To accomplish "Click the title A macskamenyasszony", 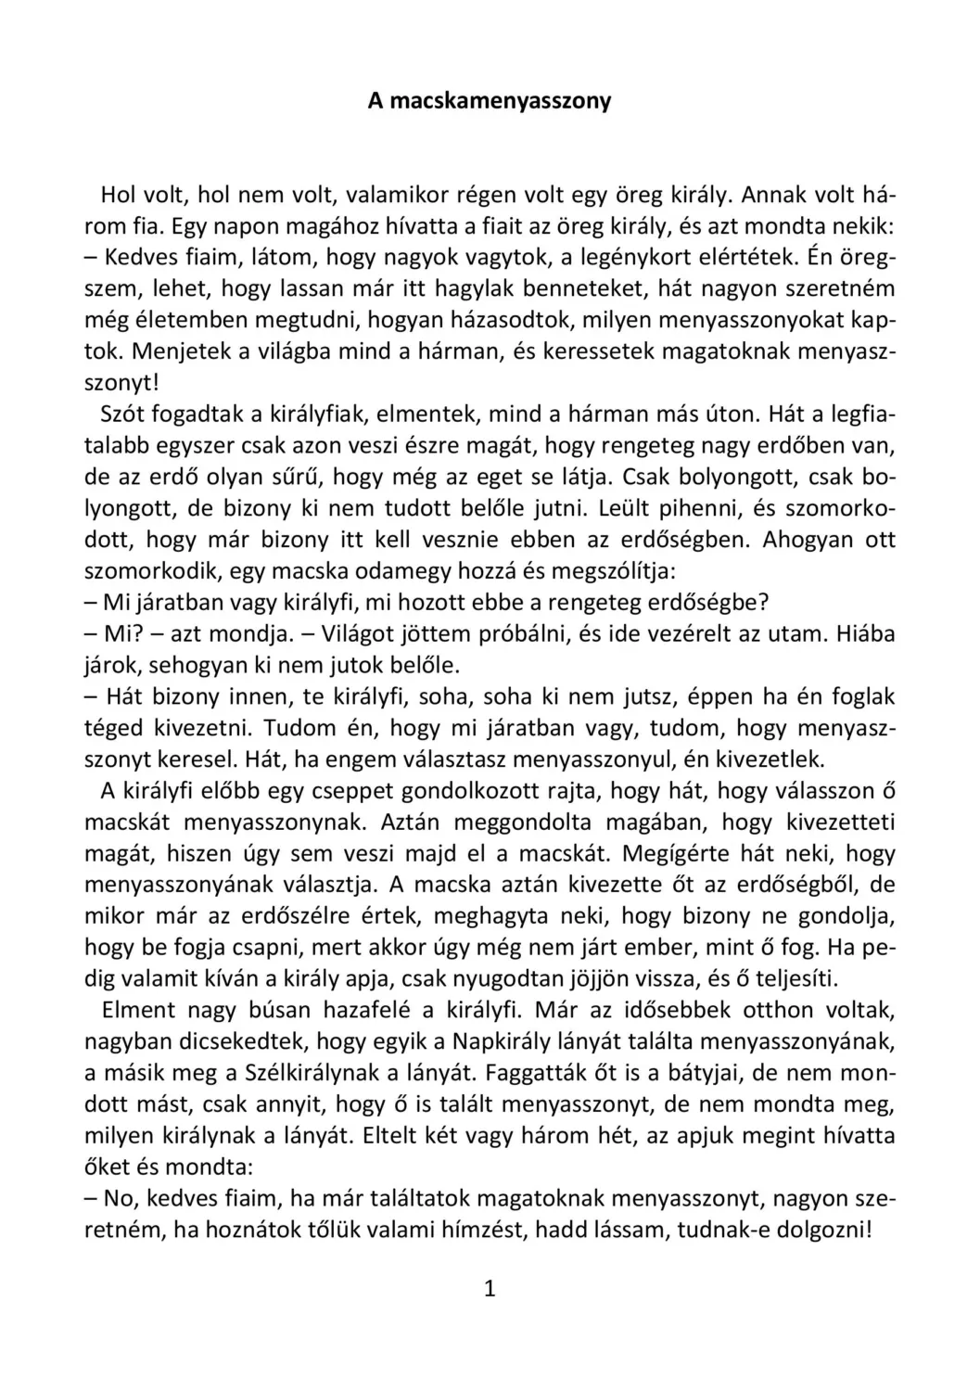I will (x=490, y=100).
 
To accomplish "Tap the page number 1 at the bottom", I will (x=490, y=1288).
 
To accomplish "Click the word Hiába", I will (x=865, y=634).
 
